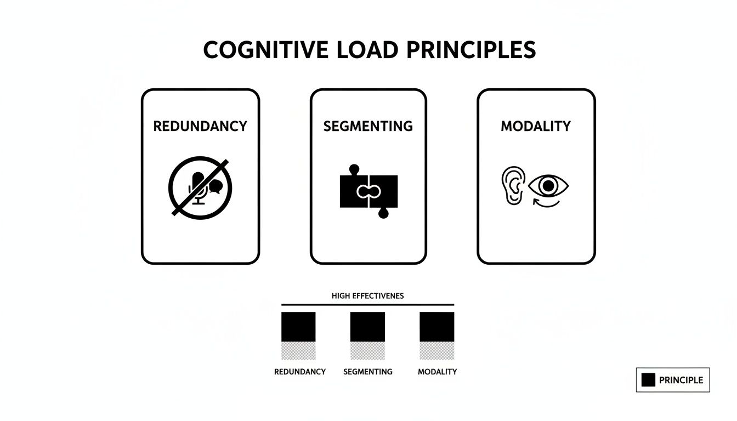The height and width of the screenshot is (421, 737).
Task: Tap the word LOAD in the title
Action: (366, 50)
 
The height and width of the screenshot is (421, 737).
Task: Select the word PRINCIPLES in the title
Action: (472, 50)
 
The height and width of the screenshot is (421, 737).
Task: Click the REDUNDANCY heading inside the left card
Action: (200, 126)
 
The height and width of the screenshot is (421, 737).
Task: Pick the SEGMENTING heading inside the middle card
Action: (368, 126)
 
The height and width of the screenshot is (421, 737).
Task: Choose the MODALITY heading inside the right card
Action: (536, 126)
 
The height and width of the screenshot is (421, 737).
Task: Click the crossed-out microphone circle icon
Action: (200, 188)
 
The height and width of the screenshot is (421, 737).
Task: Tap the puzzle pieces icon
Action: (368, 191)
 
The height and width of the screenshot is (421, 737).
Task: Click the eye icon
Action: (548, 186)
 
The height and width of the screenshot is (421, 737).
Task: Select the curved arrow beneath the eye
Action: (546, 203)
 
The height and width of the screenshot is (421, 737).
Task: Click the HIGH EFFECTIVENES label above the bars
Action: (367, 295)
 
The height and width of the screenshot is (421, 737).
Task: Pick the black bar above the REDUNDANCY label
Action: (298, 327)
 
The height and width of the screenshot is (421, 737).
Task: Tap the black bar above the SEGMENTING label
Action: (367, 327)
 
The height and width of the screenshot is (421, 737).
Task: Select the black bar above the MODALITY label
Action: (437, 327)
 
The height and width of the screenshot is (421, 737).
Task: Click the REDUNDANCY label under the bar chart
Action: (300, 372)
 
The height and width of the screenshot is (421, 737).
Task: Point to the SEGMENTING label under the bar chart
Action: (368, 372)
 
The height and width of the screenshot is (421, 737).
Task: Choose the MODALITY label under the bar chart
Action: (437, 372)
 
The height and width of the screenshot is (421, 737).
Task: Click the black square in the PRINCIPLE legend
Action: (648, 380)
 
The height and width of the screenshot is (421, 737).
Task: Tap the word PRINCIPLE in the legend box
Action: (681, 380)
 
